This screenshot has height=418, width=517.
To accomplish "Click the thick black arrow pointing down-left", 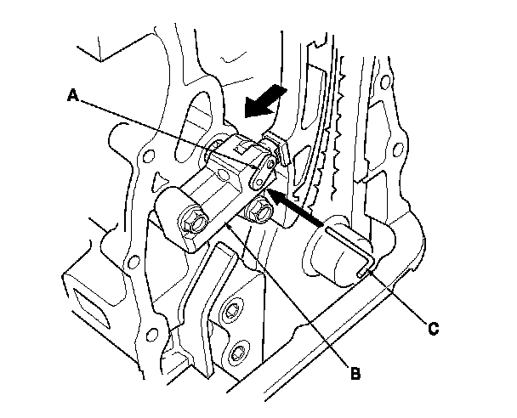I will point(264,101).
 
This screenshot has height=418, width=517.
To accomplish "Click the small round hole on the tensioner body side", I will point(223,174).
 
